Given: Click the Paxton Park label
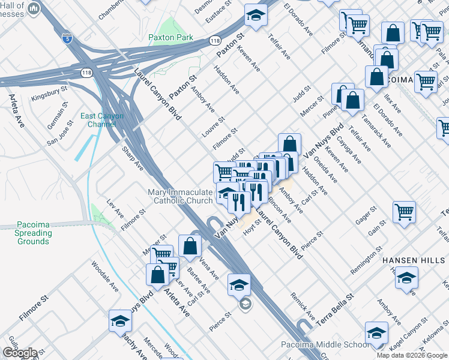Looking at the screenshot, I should tap(171, 37).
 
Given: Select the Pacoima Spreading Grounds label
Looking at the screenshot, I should tap(33, 233).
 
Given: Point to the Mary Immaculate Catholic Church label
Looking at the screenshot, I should tap(180, 196).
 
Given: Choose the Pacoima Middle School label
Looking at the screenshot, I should tap(325, 345).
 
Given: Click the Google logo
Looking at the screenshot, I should tap(20, 353).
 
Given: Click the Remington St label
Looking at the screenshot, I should tap(366, 259).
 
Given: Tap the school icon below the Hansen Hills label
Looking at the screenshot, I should tap(406, 278).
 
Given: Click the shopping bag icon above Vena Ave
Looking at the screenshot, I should tap(190, 245).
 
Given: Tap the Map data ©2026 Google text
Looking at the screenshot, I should tap(411, 355).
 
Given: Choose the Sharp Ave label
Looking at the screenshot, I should tap(133, 157).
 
